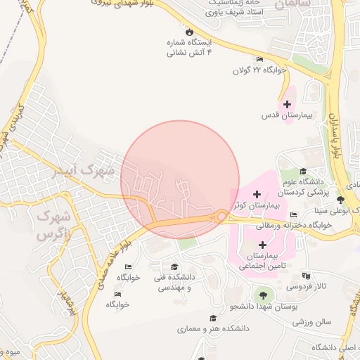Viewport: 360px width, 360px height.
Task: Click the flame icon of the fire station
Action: click(188, 32)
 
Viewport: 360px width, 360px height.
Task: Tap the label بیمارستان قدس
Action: click(286, 115)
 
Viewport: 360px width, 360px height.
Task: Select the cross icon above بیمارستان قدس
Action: click(287, 104)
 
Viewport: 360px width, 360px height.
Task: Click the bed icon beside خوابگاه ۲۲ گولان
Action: click(259, 59)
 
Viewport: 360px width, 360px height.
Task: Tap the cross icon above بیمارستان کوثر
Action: click(257, 193)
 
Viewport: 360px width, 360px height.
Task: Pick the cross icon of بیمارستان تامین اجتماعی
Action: click(263, 245)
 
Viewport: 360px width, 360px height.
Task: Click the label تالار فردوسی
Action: click(311, 287)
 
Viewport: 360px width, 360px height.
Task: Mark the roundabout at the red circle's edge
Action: click(221, 217)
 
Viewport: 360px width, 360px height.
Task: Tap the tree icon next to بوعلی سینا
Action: click(340, 200)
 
